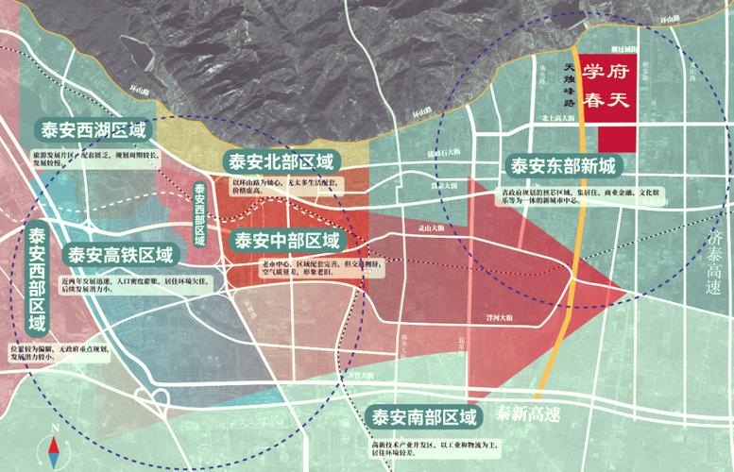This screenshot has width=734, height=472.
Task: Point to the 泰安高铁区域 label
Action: (x=120, y=255)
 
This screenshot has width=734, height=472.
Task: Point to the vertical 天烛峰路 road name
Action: (x=568, y=82)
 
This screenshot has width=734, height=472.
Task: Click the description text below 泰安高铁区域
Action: (x=109, y=286)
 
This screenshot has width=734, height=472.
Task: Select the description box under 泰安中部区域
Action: (x=312, y=267)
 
